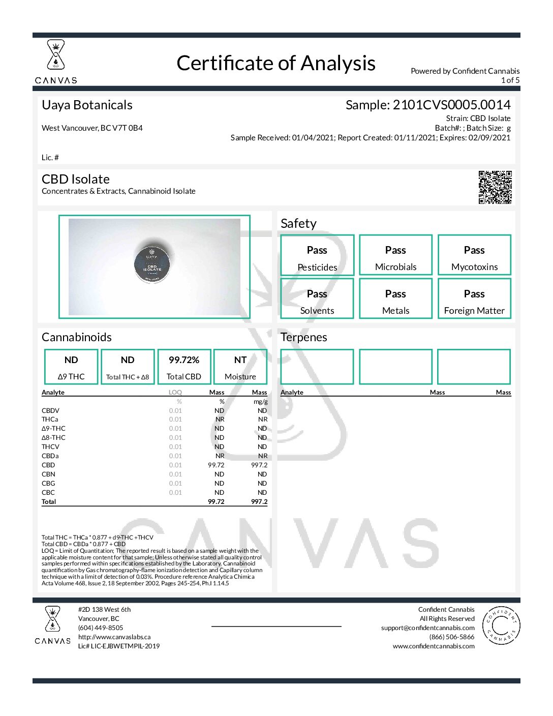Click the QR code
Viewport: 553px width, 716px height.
click(x=495, y=187)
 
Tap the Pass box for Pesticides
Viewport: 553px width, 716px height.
click(x=317, y=255)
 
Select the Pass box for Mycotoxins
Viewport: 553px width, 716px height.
click(x=474, y=255)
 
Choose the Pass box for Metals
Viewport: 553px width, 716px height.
click(x=395, y=299)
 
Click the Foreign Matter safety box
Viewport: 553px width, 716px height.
click(x=474, y=299)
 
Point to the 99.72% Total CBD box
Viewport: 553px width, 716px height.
click(x=184, y=367)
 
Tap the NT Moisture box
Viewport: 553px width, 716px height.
click(x=240, y=367)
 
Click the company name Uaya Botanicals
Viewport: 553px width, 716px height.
click(x=87, y=105)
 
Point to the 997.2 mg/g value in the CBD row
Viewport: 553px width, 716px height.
click(x=259, y=465)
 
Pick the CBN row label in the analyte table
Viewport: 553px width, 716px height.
click(x=48, y=474)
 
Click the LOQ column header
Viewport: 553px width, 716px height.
click(x=175, y=393)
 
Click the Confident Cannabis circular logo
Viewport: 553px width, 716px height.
click(x=501, y=625)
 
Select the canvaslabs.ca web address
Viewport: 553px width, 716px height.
click(x=114, y=637)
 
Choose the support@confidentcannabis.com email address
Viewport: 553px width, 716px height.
click(x=428, y=628)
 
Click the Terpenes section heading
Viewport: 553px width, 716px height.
click(x=304, y=337)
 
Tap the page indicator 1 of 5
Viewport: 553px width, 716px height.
click(x=510, y=80)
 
